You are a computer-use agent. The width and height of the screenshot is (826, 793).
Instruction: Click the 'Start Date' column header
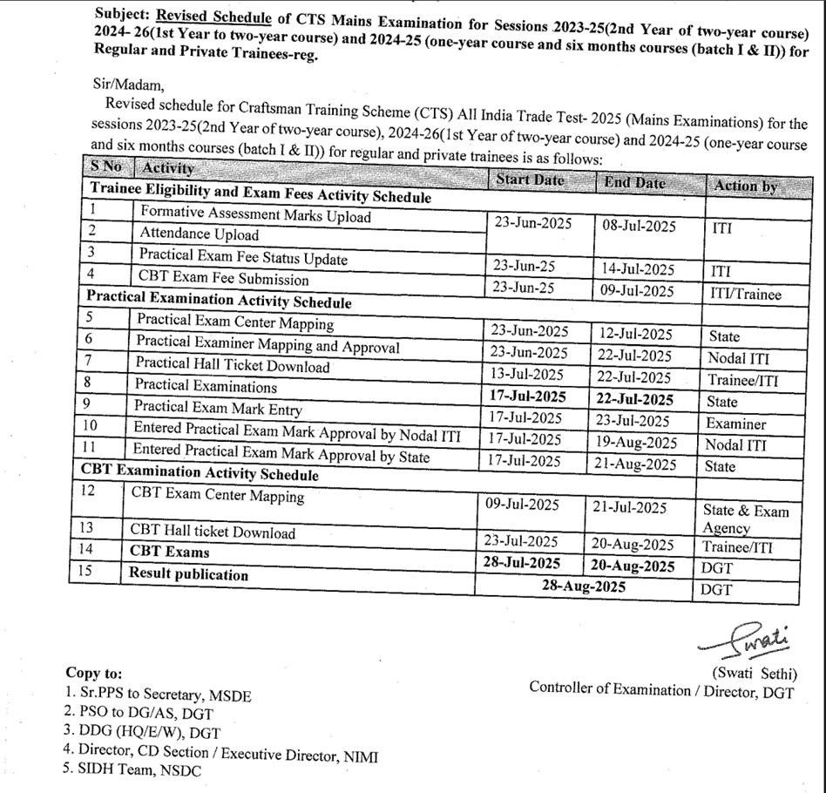click(x=530, y=180)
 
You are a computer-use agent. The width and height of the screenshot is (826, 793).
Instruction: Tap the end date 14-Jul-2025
click(x=638, y=269)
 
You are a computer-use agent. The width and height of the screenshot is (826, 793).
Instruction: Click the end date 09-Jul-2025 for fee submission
click(x=638, y=290)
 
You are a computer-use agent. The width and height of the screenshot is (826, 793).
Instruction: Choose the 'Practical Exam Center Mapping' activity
click(x=234, y=322)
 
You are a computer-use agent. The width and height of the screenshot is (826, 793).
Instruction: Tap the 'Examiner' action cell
click(x=737, y=424)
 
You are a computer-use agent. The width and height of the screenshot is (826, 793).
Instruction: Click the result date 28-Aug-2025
click(x=583, y=586)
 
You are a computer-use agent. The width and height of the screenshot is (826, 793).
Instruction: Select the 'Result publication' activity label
click(x=189, y=574)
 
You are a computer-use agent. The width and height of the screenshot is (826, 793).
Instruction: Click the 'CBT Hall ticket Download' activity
click(x=213, y=531)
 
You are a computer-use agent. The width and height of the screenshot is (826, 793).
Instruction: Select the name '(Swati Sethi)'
click(x=754, y=673)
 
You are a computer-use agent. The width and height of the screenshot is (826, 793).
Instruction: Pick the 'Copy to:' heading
click(x=94, y=674)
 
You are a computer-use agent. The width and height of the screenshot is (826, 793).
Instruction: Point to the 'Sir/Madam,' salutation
click(x=127, y=85)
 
